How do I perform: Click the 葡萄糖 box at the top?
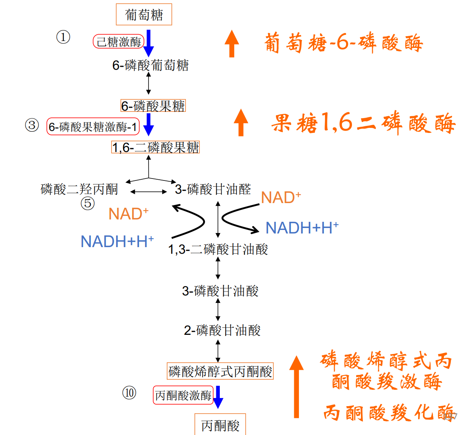144,15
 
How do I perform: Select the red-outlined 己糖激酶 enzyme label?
118,42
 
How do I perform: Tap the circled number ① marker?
63,37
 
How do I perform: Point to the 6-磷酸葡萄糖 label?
150,65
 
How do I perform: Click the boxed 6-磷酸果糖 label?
153,106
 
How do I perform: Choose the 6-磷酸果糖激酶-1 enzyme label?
93,127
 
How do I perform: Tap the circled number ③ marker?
32,125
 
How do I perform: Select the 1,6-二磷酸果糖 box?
155,147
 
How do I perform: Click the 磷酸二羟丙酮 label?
79,189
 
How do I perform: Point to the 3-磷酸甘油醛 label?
213,189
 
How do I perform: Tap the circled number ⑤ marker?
88,203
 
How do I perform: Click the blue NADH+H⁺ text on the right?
302,228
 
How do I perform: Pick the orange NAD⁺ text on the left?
128,214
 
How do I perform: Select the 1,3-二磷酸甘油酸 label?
218,249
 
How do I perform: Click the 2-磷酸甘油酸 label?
222,331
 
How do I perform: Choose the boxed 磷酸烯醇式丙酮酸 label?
220,371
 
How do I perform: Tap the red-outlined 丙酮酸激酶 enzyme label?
183,396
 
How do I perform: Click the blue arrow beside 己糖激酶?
148,43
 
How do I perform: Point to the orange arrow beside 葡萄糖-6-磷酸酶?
231,44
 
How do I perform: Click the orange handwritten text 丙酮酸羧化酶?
388,412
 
